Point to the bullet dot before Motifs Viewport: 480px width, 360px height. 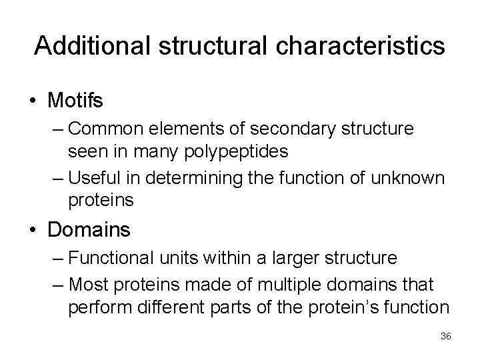click(x=33, y=101)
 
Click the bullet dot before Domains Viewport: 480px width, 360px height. click(x=33, y=231)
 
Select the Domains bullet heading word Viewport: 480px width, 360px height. click(x=89, y=230)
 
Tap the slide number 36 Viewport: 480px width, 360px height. click(x=445, y=336)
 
